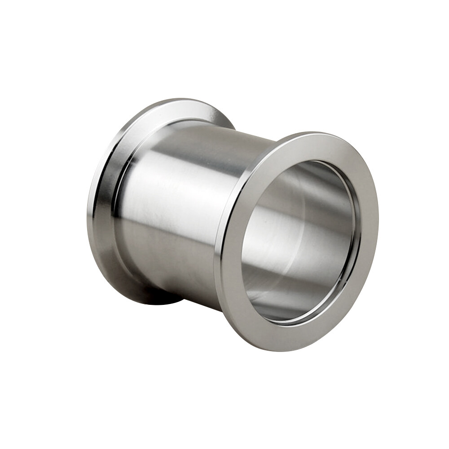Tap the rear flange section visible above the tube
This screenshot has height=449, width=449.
tap(189, 108)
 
